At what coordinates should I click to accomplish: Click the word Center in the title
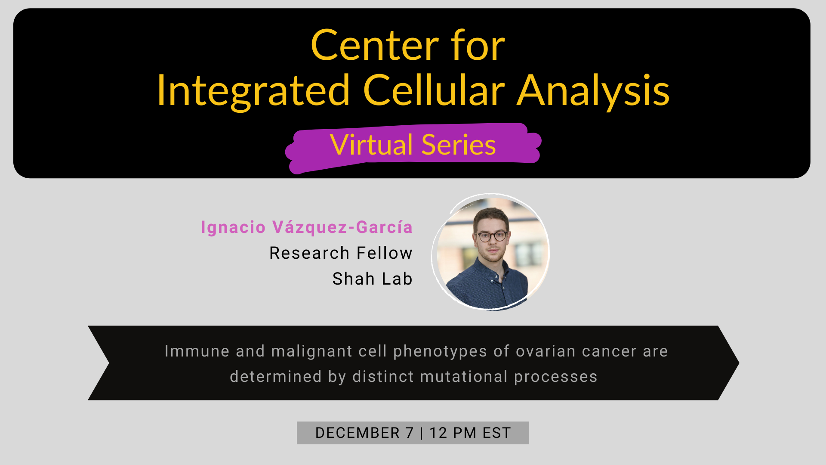[374, 46]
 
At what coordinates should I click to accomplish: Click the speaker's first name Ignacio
[233, 227]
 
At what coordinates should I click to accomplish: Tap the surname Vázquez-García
[342, 227]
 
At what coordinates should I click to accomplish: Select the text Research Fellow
[341, 253]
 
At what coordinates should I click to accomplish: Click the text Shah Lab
[373, 279]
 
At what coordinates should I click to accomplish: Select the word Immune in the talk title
[197, 351]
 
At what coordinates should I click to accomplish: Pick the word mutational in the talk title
[464, 377]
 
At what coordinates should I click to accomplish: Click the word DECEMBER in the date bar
[358, 433]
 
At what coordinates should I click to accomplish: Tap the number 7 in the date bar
[409, 433]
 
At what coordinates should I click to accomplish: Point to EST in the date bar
[496, 433]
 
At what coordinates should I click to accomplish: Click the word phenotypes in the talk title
[440, 351]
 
